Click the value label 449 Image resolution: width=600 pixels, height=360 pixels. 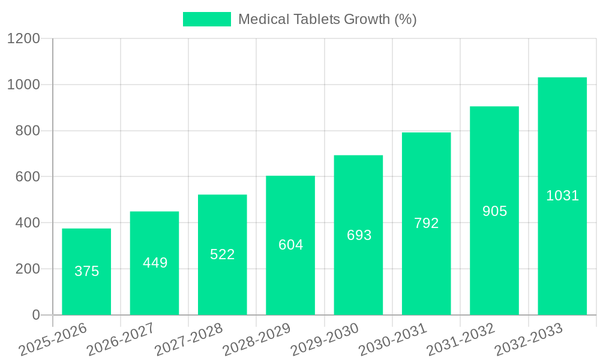click(x=155, y=263)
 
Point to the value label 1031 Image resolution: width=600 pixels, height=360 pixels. click(x=562, y=196)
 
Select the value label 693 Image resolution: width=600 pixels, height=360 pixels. click(x=359, y=235)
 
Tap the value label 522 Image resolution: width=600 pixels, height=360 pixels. click(x=223, y=254)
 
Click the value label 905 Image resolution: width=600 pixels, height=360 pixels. click(x=494, y=211)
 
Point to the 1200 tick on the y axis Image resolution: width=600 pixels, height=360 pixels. click(x=23, y=39)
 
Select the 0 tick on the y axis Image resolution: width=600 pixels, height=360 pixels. click(x=35, y=315)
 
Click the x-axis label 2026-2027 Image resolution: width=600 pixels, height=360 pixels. click(x=121, y=339)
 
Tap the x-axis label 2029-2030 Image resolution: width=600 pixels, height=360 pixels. click(x=325, y=339)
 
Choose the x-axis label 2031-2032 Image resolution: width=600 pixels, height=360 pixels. click(x=461, y=339)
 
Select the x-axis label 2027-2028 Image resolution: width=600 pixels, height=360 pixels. click(x=188, y=339)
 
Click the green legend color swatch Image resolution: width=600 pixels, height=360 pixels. click(x=206, y=19)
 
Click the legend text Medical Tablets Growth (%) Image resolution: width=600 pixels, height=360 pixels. click(x=327, y=19)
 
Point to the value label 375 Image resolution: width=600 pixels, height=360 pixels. click(x=86, y=271)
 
